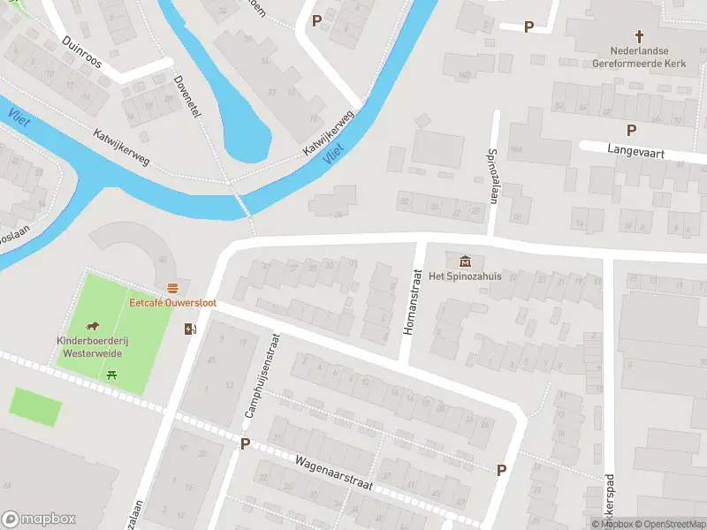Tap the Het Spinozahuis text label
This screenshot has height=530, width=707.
click(x=465, y=276)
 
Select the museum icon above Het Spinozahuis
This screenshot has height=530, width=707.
click(x=465, y=261)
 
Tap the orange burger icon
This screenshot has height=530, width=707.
click(x=173, y=288)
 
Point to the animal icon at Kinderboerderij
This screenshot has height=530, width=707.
click(x=92, y=327)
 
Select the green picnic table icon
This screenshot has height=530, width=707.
click(x=111, y=375)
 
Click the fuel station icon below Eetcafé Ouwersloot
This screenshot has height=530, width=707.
click(x=190, y=329)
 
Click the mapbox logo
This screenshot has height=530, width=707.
click(x=39, y=519)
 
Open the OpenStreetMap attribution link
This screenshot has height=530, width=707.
click(x=669, y=524)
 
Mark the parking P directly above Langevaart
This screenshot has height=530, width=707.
click(x=631, y=130)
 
